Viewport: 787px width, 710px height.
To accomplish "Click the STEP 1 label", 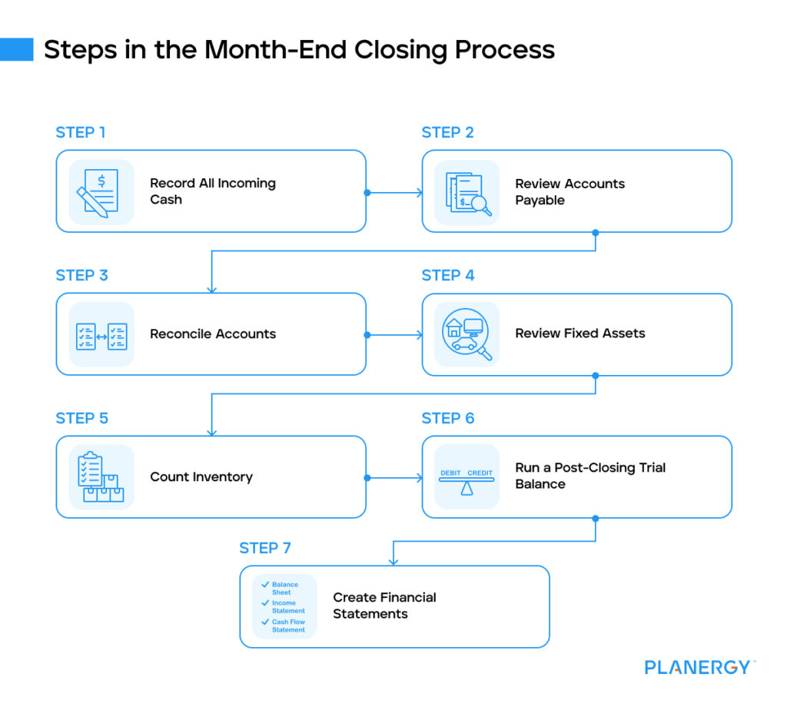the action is click(80, 132).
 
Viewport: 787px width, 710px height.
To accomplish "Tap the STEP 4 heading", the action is click(448, 275).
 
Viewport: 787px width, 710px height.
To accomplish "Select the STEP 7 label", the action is click(265, 548).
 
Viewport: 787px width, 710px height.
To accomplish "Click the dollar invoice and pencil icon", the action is click(98, 193).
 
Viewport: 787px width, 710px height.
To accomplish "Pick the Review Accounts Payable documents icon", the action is click(468, 194).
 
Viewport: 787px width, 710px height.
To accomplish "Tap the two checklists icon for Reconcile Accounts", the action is click(101, 337).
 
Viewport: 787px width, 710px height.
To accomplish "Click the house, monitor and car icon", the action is click(467, 334).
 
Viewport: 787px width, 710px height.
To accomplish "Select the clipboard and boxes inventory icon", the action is click(101, 477).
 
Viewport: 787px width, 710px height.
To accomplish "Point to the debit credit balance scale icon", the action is click(467, 482).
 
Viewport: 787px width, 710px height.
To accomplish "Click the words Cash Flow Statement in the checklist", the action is click(288, 625).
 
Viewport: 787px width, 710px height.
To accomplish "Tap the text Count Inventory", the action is click(201, 476).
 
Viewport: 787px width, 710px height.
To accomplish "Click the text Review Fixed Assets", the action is click(580, 333).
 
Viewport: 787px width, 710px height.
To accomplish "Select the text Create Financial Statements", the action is click(384, 605).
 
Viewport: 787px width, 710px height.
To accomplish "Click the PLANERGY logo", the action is click(699, 667).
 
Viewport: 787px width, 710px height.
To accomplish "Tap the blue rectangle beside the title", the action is click(17, 50).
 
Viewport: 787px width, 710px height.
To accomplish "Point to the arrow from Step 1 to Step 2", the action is click(394, 193).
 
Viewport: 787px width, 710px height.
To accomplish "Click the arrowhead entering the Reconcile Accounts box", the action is click(212, 290).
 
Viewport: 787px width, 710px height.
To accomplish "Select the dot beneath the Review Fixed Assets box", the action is click(596, 376).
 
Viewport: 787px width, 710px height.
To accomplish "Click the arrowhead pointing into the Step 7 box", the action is click(393, 562).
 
